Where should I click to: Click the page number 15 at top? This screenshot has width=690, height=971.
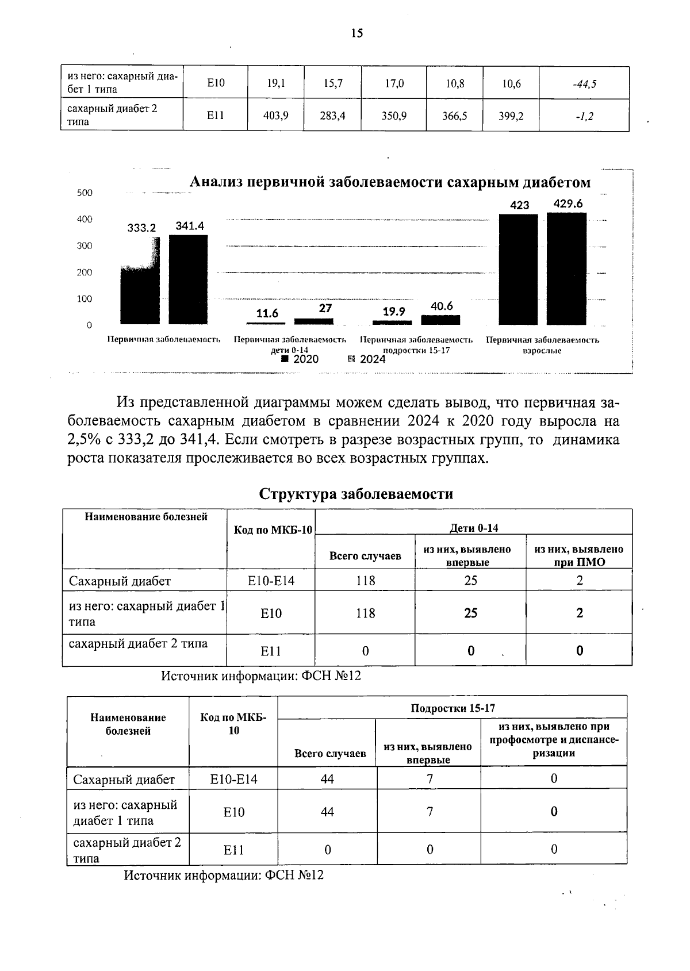356,33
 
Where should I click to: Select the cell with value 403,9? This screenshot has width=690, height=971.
275,116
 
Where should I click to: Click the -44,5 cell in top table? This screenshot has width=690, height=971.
584,84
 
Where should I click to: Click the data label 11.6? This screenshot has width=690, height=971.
267,313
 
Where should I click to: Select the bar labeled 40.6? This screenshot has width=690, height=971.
441,320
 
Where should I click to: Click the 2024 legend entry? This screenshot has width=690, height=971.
367,359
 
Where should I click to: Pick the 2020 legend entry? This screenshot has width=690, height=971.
301,359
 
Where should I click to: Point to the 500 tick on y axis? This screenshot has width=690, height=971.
85,193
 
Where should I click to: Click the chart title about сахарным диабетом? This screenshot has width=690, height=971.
390,183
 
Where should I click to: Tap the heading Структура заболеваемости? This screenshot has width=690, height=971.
356,494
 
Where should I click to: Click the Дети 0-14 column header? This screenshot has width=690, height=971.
473,528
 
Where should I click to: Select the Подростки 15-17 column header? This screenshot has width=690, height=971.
453,708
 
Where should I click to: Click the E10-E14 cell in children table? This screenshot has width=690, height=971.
271,581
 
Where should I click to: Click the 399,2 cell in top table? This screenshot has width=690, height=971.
511,116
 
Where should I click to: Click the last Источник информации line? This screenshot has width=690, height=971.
224,876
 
